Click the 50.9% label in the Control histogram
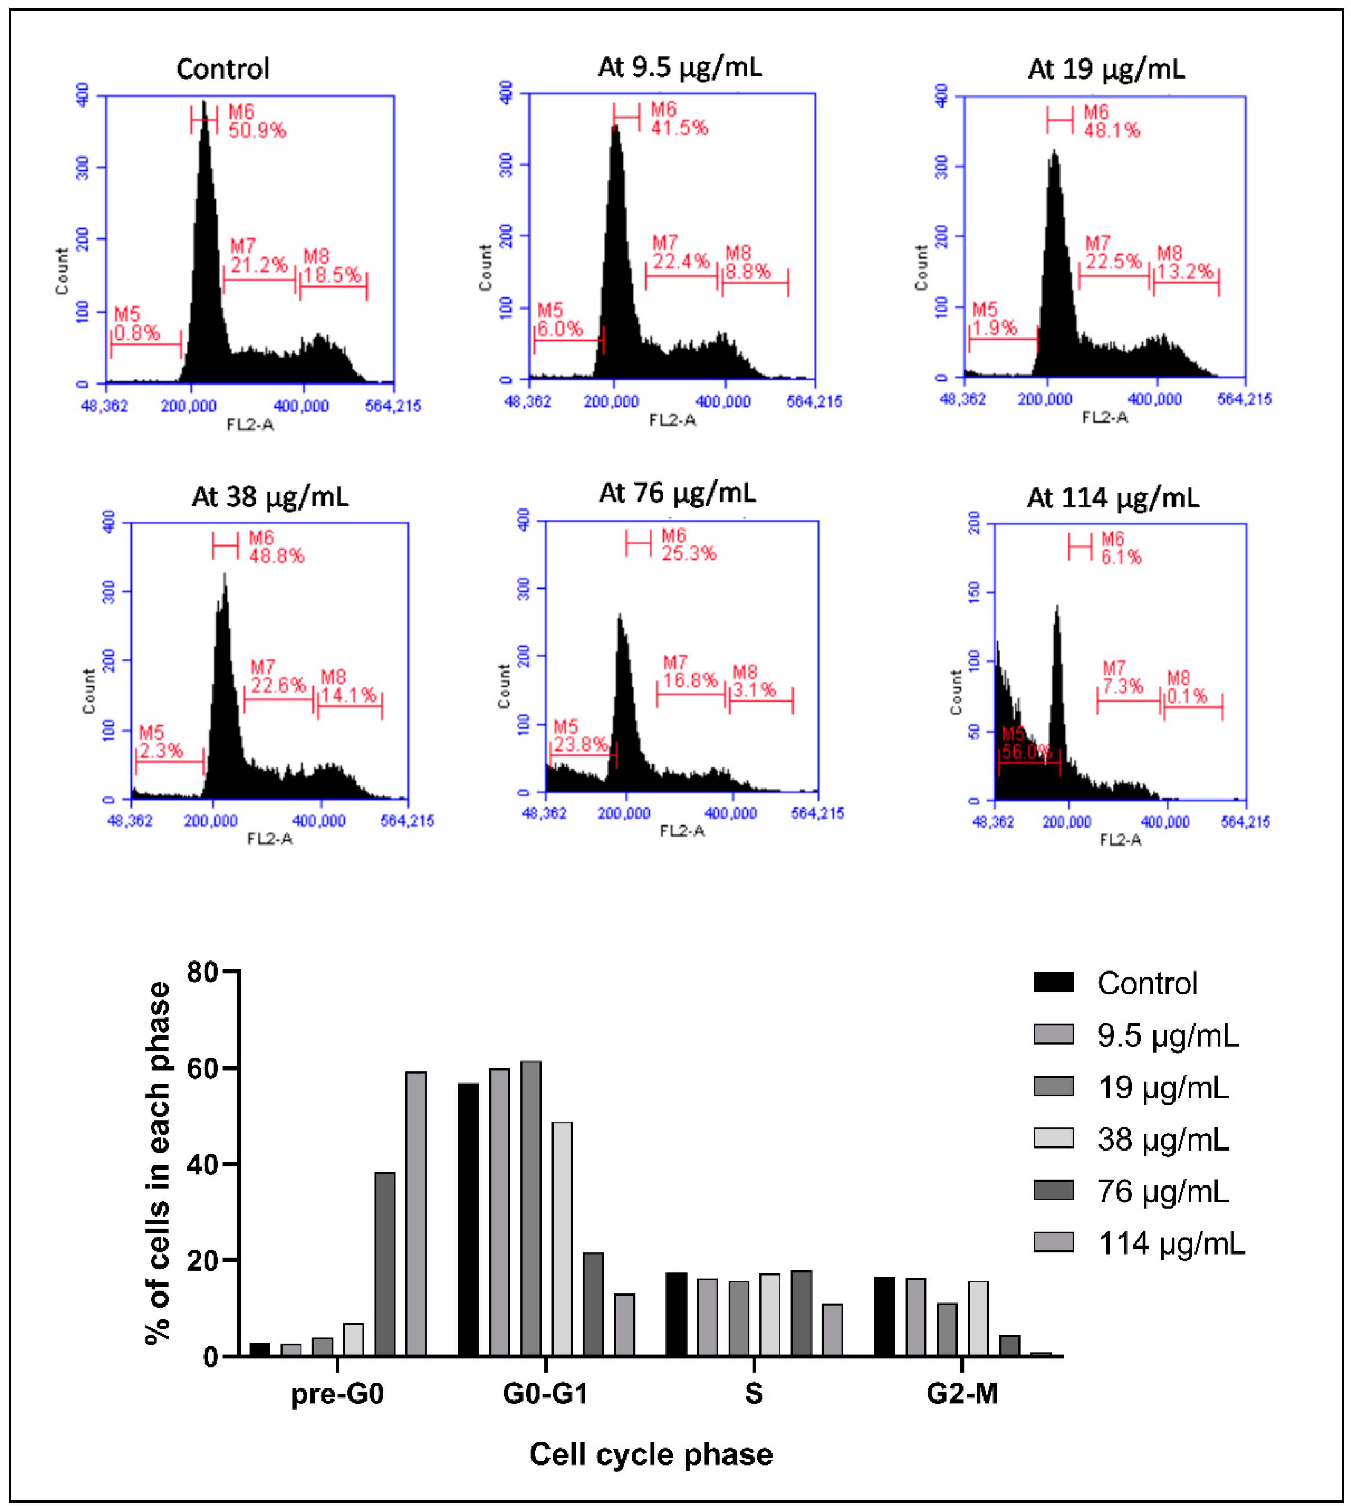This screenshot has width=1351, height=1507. click(x=257, y=130)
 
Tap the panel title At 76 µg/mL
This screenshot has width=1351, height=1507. click(x=677, y=493)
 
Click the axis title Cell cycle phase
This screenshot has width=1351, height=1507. click(x=650, y=1453)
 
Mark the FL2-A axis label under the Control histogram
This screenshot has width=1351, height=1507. click(x=250, y=425)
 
